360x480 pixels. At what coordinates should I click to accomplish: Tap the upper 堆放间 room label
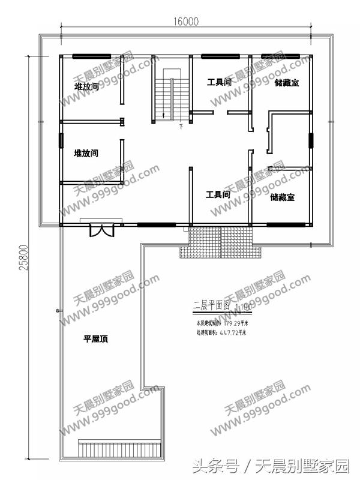point(86,87)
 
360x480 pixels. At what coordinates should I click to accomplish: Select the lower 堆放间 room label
point(86,154)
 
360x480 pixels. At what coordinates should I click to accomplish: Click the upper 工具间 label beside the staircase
point(220,82)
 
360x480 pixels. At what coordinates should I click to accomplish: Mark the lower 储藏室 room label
point(282,197)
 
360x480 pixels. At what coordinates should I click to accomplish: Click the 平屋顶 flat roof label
point(95,339)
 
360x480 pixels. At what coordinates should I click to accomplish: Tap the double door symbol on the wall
point(101,230)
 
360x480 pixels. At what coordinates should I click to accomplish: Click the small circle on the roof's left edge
point(58,310)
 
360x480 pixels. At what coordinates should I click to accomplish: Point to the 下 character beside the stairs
point(181,127)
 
